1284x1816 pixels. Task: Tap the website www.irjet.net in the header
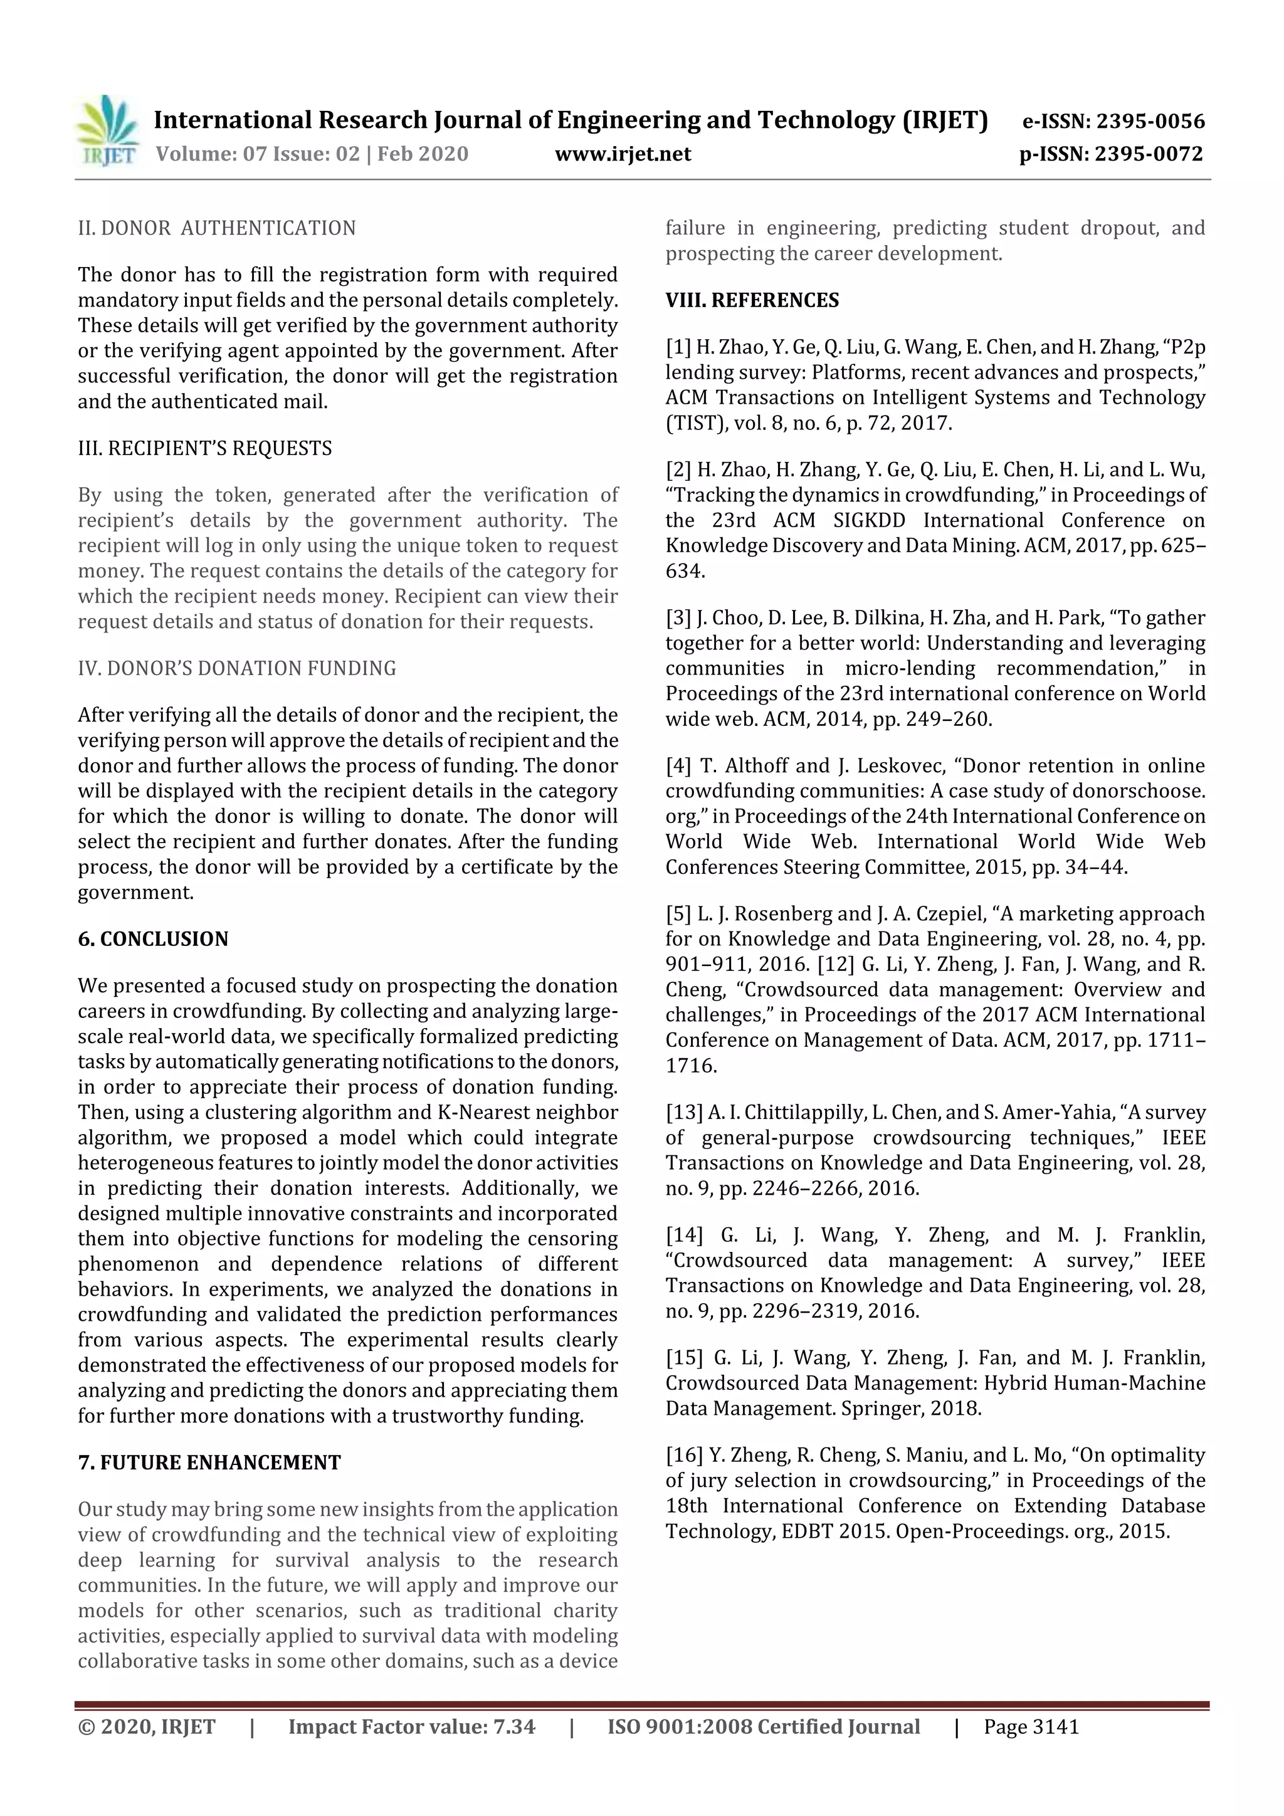[623, 154]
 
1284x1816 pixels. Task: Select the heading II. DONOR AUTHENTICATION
[217, 229]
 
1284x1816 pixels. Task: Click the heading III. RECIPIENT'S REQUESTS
[205, 448]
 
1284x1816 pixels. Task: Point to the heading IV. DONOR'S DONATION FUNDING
[236, 668]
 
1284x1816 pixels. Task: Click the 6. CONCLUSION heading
[153, 939]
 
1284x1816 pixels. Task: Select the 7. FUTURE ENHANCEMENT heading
[209, 1462]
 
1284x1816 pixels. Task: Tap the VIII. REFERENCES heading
[752, 300]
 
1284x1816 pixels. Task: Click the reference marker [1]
[678, 347]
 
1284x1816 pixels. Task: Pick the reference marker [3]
[678, 617]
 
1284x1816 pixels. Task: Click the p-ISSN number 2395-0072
[1148, 154]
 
